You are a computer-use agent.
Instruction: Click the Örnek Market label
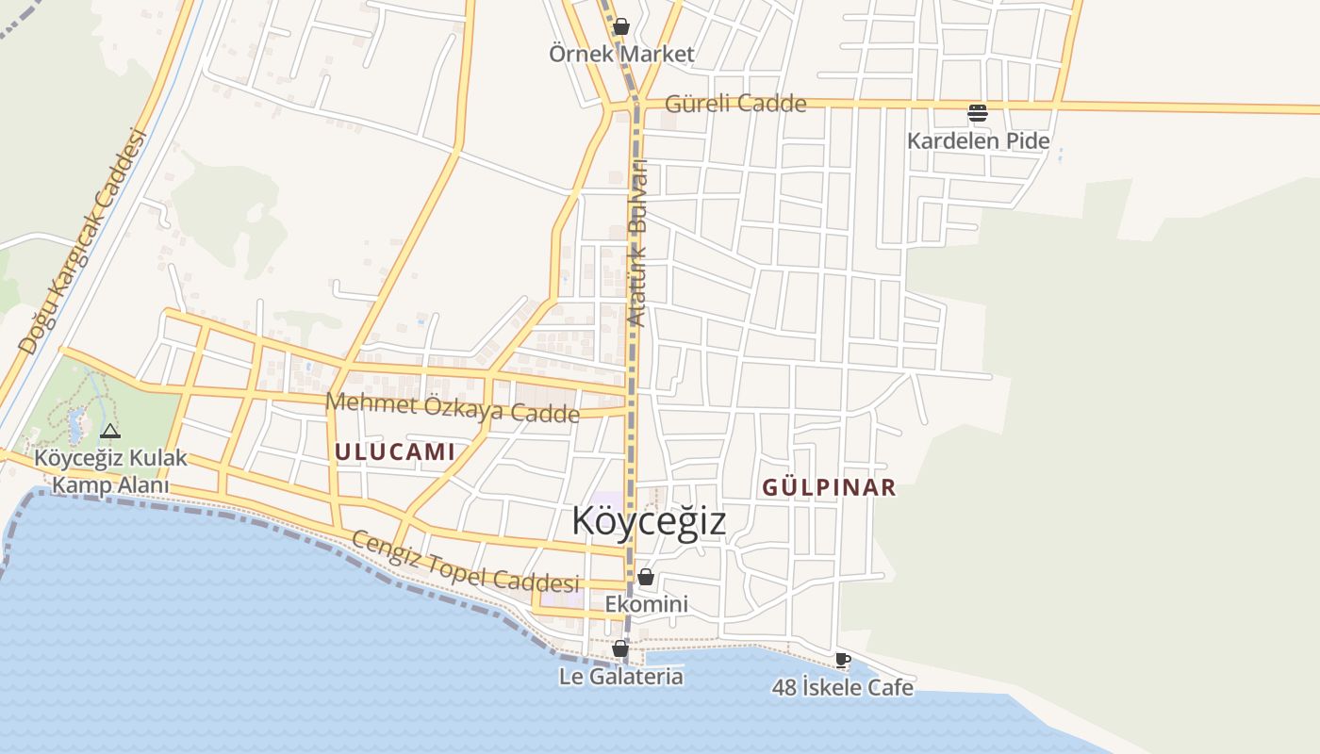[x=621, y=54]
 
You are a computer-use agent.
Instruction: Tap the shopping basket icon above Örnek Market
[x=620, y=26]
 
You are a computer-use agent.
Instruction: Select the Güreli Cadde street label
[x=735, y=104]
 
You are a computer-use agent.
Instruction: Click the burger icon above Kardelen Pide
[x=978, y=113]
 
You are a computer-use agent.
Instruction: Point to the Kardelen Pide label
[x=978, y=141]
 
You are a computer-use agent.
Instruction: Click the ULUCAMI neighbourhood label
[x=395, y=451]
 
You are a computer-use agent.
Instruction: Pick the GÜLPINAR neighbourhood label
[x=829, y=487]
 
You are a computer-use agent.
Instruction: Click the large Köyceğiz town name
[x=650, y=520]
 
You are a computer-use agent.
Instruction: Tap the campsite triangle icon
[x=110, y=432]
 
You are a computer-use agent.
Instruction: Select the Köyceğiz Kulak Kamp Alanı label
[x=110, y=472]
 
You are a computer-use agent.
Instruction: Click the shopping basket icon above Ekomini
[x=646, y=577]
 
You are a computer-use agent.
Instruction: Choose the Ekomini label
[x=646, y=604]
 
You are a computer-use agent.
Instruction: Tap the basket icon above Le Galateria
[x=620, y=648]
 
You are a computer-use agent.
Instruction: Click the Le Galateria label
[x=620, y=677]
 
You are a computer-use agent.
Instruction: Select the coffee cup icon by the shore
[x=843, y=660]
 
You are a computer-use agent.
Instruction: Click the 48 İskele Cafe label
[x=843, y=688]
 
